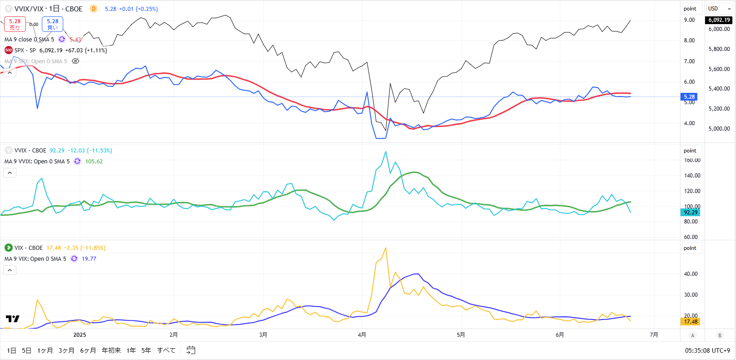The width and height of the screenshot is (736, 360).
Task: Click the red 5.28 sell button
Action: click(15, 24)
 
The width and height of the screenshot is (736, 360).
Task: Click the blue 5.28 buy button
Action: click(53, 24)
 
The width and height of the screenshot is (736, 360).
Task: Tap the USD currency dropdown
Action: click(718, 9)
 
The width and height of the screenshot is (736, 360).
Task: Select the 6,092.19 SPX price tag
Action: click(719, 20)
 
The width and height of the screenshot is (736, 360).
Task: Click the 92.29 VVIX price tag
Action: click(690, 213)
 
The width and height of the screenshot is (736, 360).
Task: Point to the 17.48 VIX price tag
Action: click(690, 322)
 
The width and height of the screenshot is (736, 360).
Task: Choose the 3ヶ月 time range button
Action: click(66, 350)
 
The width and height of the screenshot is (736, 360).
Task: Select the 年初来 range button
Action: click(111, 350)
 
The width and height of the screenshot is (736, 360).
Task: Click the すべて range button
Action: click(166, 350)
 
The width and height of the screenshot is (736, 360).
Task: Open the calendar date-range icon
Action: click(191, 350)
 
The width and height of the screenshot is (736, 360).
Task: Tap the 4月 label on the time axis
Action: click(362, 335)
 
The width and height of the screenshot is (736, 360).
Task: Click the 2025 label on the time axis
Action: click(80, 335)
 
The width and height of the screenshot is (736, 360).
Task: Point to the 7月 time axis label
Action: click(654, 335)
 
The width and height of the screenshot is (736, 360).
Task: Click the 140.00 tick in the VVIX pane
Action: click(692, 176)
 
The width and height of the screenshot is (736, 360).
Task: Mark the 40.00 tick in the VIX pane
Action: click(691, 274)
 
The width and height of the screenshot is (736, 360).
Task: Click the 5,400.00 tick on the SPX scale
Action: click(719, 89)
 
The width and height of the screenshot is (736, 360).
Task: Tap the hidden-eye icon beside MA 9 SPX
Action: click(76, 61)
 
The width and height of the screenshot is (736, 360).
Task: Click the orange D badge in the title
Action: click(93, 9)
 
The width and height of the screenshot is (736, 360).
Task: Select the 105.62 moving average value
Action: click(94, 162)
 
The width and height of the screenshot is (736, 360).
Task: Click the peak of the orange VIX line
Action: click(386, 248)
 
